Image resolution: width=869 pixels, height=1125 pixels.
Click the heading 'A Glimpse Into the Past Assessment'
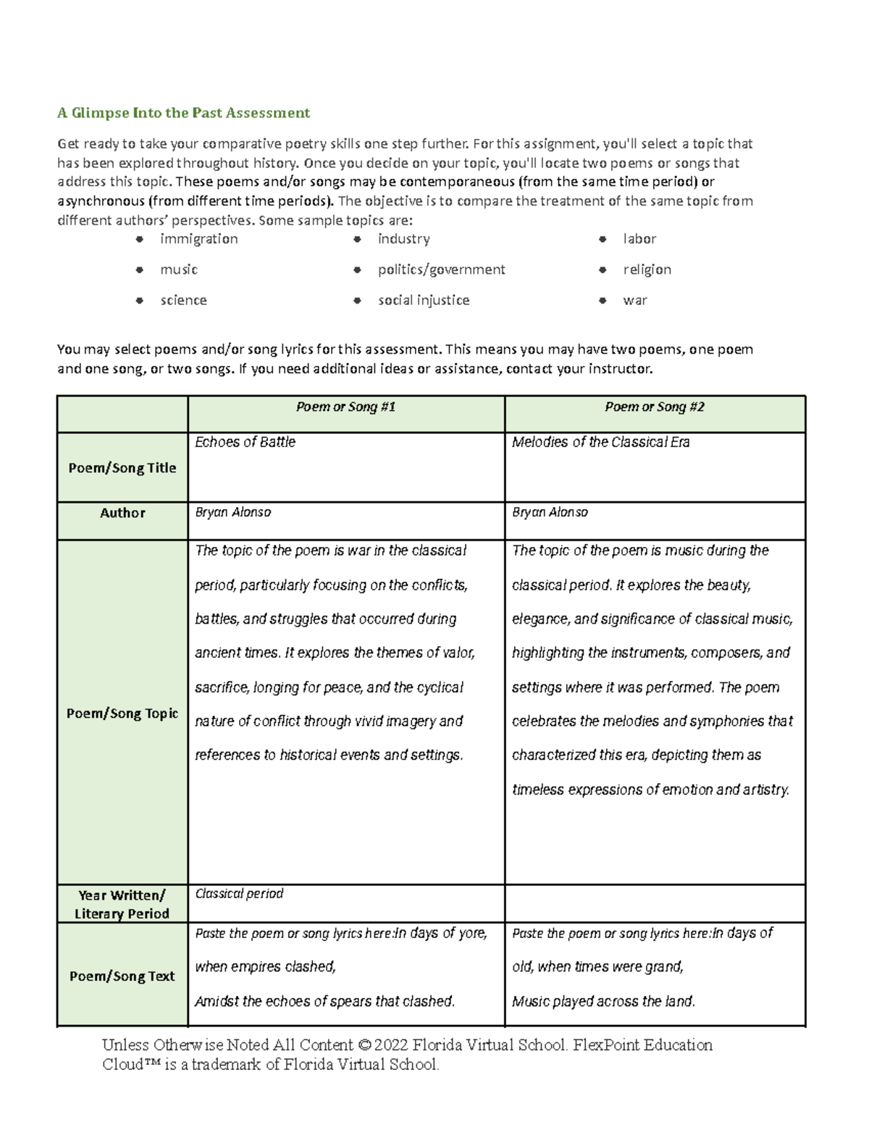[183, 113]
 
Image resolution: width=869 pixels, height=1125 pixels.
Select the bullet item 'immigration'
[198, 239]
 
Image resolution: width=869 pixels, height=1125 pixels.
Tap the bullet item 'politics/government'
[441, 269]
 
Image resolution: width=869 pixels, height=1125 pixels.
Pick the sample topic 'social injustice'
[424, 300]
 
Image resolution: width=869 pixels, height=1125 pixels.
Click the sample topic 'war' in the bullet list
[634, 300]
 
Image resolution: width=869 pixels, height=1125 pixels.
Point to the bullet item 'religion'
[647, 269]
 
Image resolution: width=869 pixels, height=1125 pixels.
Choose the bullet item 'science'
[183, 300]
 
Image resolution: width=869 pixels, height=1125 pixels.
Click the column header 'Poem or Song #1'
[345, 407]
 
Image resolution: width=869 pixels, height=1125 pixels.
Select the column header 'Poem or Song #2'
[655, 407]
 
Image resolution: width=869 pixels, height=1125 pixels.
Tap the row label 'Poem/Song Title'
[122, 468]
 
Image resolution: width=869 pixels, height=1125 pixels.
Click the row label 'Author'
[122, 513]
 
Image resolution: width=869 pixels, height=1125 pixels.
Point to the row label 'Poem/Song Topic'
[122, 714]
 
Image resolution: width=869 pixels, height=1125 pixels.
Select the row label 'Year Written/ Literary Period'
[122, 904]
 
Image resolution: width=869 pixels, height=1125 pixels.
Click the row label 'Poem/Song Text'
[122, 976]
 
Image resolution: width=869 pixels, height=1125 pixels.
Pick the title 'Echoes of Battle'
[245, 442]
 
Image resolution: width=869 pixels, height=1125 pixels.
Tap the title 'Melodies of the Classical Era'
[600, 442]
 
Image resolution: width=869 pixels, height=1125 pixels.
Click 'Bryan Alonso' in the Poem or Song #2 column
[550, 512]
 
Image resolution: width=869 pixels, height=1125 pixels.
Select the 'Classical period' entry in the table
[239, 894]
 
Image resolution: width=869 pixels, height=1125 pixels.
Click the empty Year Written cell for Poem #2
[655, 903]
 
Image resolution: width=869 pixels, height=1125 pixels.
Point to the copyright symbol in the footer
[364, 1045]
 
